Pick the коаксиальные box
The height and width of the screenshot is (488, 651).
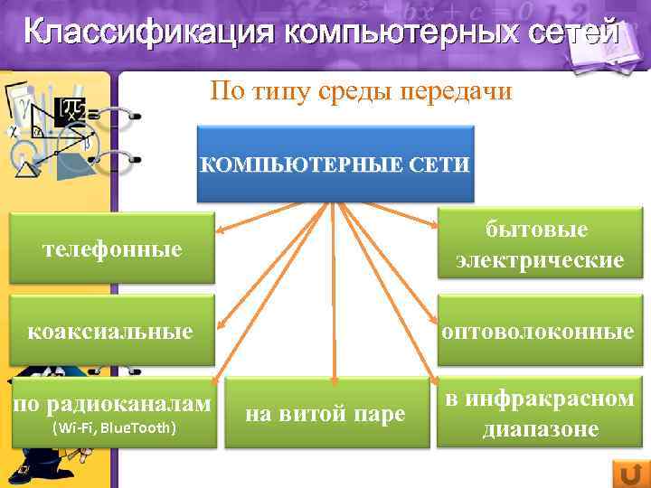click(x=112, y=332)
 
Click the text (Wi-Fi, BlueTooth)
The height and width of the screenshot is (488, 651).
click(x=114, y=427)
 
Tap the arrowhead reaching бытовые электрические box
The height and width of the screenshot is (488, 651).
click(x=437, y=232)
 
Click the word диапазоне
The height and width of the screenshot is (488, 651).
click(x=540, y=428)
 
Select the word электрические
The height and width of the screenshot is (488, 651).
click(x=540, y=260)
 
